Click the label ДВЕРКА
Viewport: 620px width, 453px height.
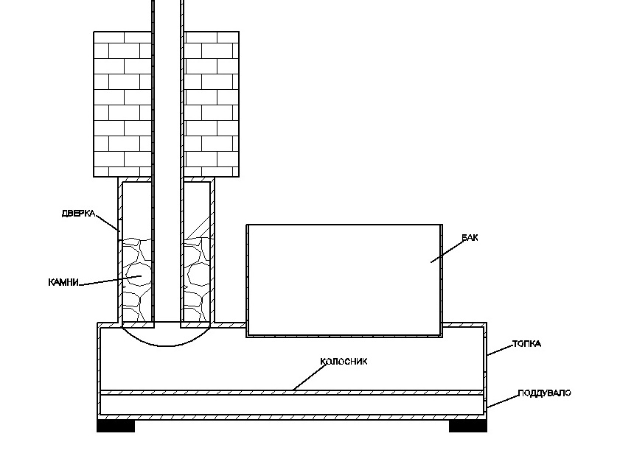tap(78, 214)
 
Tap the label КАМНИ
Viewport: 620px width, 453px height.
tap(63, 282)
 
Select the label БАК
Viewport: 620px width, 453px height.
tap(470, 237)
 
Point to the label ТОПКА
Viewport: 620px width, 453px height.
tap(526, 343)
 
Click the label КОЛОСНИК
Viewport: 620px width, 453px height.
tap(344, 362)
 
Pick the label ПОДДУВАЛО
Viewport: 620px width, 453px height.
tap(545, 393)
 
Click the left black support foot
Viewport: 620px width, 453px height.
tap(116, 426)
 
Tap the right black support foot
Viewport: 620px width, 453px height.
tap(468, 426)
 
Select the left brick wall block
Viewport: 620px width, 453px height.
tap(122, 104)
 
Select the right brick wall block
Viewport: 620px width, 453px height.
tap(211, 104)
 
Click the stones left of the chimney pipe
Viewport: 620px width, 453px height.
tap(137, 280)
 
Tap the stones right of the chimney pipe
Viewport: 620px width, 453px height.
tap(197, 280)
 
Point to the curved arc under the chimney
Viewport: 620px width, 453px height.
tap(166, 345)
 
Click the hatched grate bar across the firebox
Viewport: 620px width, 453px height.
tap(292, 393)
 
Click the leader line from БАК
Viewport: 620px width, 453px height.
tap(447, 252)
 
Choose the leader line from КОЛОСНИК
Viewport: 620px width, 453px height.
tap(309, 377)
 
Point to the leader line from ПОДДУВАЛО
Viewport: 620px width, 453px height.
tap(502, 401)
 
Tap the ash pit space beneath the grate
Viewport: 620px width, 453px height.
tap(292, 405)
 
